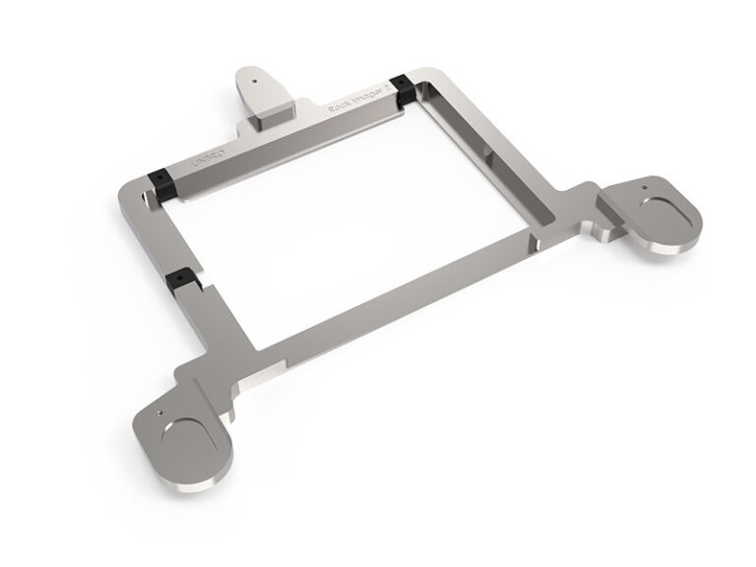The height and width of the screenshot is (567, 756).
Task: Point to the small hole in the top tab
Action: (x=255, y=74)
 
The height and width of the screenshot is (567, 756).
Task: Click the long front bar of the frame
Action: (x=394, y=295)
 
